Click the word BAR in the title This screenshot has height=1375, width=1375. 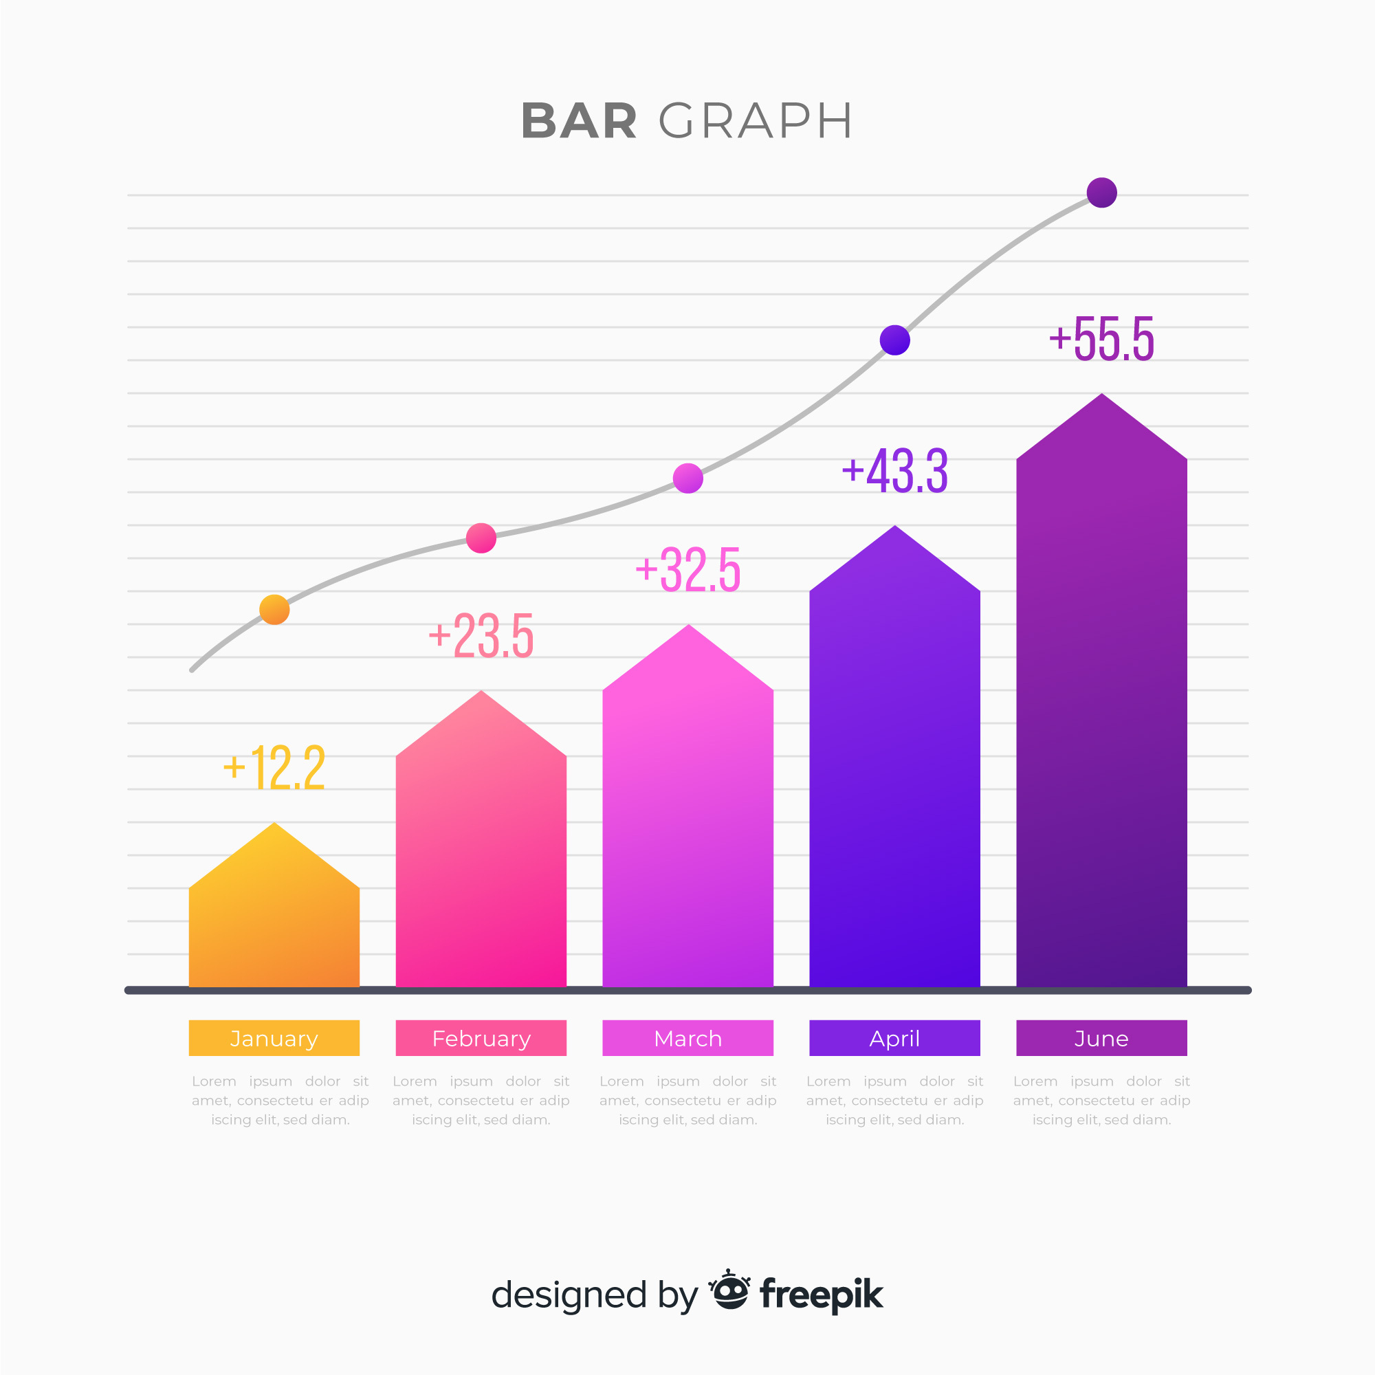[579, 121]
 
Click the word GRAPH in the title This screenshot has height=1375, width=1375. [755, 121]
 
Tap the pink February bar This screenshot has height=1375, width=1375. [481, 854]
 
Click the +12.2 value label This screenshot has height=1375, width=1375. [274, 768]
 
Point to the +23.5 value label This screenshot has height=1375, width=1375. [481, 635]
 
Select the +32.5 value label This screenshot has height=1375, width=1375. [687, 569]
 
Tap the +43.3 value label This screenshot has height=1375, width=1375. [894, 470]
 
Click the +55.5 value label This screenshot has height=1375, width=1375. [1101, 339]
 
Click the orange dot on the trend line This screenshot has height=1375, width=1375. [274, 609]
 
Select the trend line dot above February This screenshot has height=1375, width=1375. [481, 538]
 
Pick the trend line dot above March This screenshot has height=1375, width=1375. [687, 478]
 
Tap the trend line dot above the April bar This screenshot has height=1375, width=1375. [894, 340]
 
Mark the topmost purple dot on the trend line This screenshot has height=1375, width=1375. [1101, 192]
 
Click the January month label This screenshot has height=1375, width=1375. [274, 1038]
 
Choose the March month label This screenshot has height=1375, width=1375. [687, 1038]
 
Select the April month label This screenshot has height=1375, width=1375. [894, 1038]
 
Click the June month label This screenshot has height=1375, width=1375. [1101, 1038]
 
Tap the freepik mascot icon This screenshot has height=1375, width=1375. [729, 1291]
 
